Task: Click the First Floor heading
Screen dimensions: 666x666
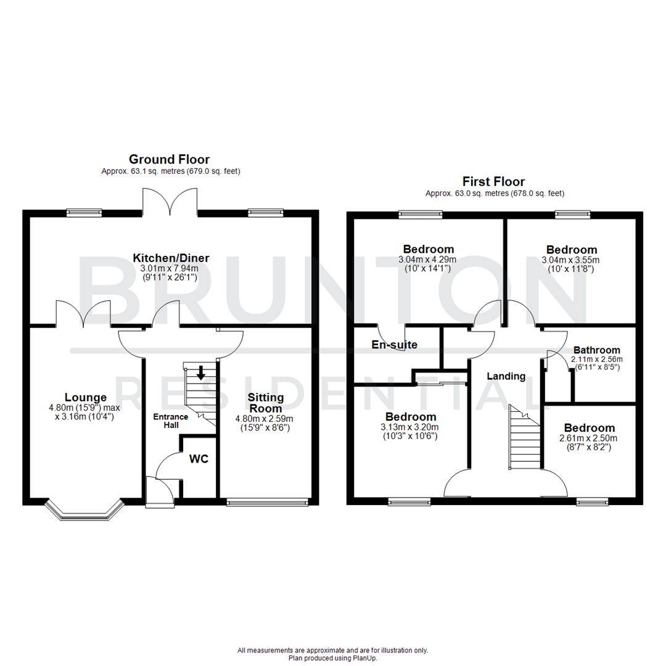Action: pyautogui.click(x=494, y=182)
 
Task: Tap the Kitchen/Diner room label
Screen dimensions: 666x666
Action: pyautogui.click(x=171, y=258)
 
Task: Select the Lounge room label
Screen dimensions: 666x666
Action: pyautogui.click(x=86, y=398)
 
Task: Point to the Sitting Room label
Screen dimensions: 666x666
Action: pyautogui.click(x=265, y=403)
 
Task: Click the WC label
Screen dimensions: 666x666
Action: pyautogui.click(x=199, y=459)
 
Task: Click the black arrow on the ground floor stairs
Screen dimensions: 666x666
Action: pyautogui.click(x=200, y=373)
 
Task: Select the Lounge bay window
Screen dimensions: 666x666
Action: pyautogui.click(x=83, y=509)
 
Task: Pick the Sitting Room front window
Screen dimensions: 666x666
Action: pyautogui.click(x=267, y=503)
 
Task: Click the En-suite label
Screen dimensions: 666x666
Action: pyautogui.click(x=395, y=345)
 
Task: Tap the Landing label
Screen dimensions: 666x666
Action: pyautogui.click(x=506, y=376)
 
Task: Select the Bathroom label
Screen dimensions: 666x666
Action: pyautogui.click(x=596, y=350)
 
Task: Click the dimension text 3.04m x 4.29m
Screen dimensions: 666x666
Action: pyautogui.click(x=428, y=260)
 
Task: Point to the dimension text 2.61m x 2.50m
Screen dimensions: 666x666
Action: pyautogui.click(x=589, y=438)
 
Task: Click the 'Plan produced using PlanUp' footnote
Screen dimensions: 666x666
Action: pyautogui.click(x=332, y=658)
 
